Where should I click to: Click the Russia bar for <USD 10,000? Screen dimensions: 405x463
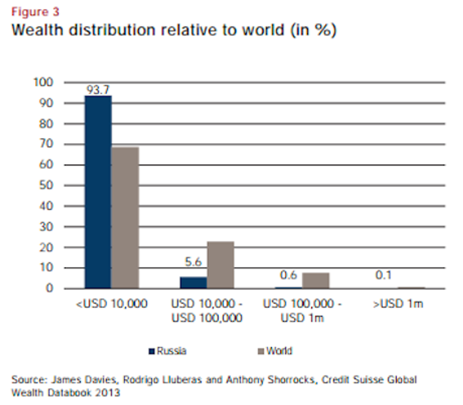tap(98, 192)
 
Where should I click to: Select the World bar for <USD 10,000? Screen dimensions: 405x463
tap(126, 217)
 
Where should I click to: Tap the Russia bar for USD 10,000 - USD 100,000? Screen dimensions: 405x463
tap(193, 282)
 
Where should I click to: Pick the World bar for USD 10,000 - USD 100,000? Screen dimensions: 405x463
tap(221, 264)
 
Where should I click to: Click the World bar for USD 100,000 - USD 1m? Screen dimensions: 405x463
tap(316, 281)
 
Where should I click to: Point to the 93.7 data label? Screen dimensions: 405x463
tap(98, 89)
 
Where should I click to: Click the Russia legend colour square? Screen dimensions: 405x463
tap(152, 352)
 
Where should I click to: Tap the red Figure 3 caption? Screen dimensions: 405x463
tap(35, 11)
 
